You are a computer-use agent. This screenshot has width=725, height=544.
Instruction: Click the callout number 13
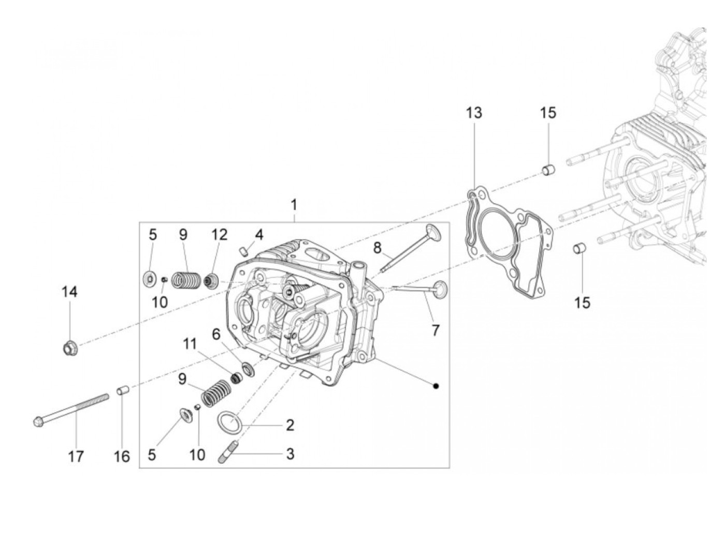point(473,113)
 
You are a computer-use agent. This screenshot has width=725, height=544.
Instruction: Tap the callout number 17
point(76,456)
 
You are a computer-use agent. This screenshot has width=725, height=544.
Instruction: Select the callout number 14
point(69,292)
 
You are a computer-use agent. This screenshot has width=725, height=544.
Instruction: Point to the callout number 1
point(294,205)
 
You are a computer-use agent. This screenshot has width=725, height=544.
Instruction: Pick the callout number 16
point(122,456)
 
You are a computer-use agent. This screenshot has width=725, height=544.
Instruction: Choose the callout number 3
point(290,454)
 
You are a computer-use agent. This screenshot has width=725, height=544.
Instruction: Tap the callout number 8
point(377,247)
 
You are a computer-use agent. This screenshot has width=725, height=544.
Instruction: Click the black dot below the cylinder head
point(436,386)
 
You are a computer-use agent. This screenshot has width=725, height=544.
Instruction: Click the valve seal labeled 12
point(211,282)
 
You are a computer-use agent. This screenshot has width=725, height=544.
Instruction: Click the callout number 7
point(435,329)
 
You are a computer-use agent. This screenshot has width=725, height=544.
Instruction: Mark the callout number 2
point(290,425)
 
